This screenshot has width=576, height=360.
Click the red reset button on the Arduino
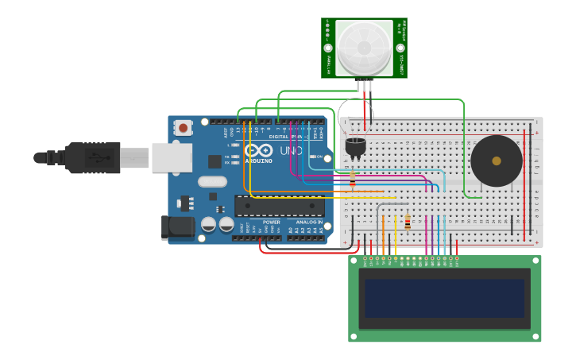(x=184, y=127)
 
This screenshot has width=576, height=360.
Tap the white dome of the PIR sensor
(x=364, y=47)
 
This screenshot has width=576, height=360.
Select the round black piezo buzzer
(x=497, y=161)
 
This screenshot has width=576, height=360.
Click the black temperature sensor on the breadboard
(x=355, y=146)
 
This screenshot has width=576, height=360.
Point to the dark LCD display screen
(x=444, y=298)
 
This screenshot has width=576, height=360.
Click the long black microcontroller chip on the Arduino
(x=279, y=206)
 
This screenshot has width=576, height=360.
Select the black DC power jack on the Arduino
(x=177, y=227)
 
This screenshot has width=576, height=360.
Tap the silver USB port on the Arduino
(x=172, y=158)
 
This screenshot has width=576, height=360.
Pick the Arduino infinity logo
(x=258, y=149)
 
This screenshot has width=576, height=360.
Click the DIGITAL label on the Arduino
(x=280, y=136)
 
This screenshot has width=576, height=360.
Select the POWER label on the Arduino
(x=272, y=223)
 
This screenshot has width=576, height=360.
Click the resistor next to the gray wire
(x=408, y=222)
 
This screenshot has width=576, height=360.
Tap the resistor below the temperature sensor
(x=353, y=181)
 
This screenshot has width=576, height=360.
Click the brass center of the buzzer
(x=497, y=161)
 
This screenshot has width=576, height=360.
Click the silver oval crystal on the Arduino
(x=212, y=181)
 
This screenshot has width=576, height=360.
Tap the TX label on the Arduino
(x=227, y=157)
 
